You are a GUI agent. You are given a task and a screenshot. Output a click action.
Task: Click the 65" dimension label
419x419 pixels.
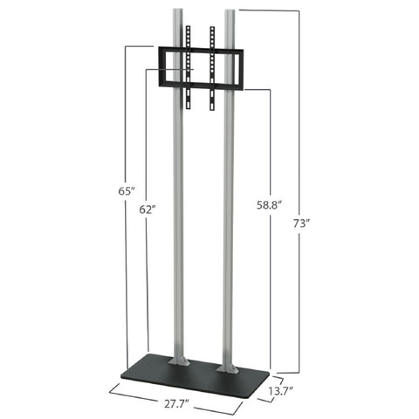click(x=128, y=189)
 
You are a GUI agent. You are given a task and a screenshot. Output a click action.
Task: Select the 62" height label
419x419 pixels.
click(x=148, y=209)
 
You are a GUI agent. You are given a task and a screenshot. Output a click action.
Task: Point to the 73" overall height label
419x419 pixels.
click(x=301, y=223)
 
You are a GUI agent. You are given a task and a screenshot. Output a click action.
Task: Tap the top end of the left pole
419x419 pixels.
click(x=177, y=12)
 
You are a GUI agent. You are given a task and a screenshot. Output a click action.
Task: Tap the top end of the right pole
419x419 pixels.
click(x=230, y=12)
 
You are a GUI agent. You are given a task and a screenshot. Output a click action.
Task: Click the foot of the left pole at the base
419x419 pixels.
click(x=178, y=359)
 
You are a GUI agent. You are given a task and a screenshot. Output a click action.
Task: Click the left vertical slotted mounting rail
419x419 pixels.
click(x=187, y=65)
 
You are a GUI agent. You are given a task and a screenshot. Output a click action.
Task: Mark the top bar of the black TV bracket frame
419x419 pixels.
click(x=199, y=49)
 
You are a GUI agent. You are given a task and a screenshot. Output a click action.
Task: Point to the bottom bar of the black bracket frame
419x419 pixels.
click(x=199, y=86)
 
